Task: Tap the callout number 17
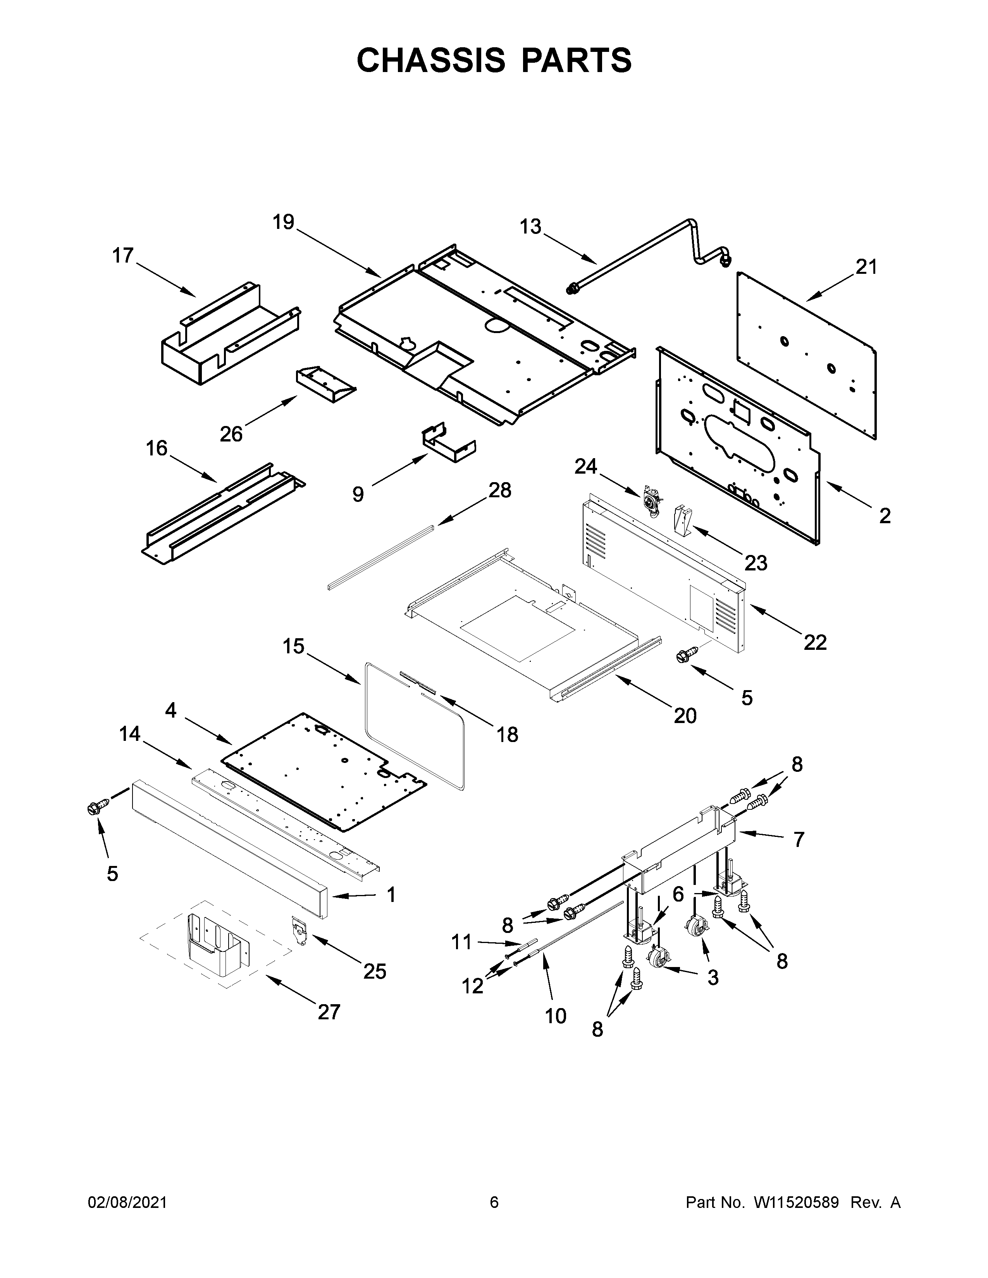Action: (x=123, y=256)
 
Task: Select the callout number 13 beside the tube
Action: (x=530, y=227)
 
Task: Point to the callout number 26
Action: (x=231, y=434)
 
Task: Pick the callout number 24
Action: (x=585, y=466)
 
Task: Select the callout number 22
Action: (x=815, y=642)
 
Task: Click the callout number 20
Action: (x=685, y=715)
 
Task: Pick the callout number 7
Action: (x=799, y=840)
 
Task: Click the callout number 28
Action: (x=499, y=490)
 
